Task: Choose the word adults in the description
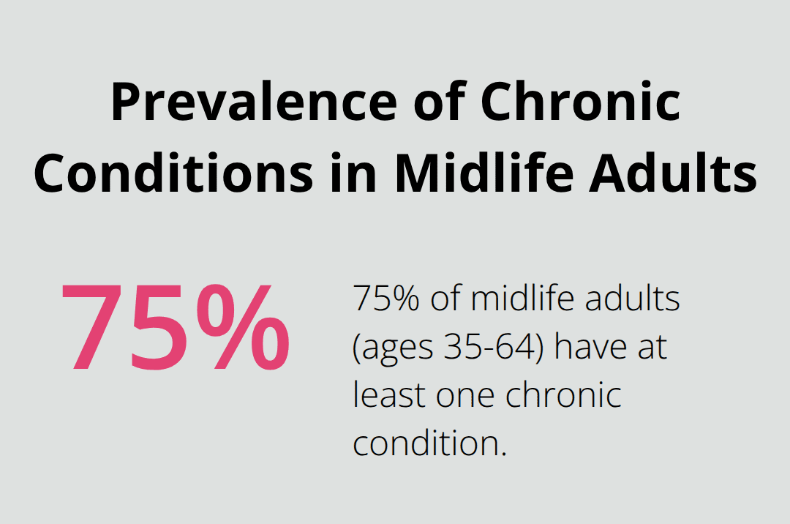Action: [635, 299]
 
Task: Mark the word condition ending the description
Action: [429, 443]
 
